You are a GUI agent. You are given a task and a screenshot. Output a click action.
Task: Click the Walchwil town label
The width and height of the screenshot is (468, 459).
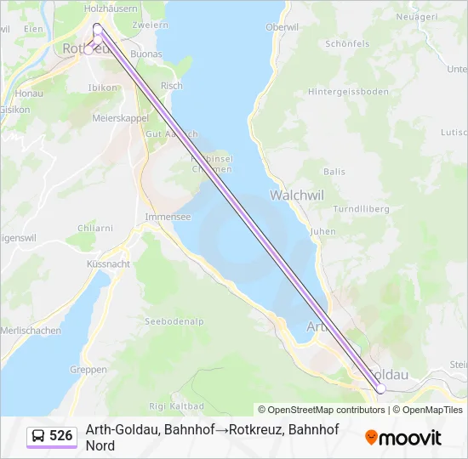(297, 195)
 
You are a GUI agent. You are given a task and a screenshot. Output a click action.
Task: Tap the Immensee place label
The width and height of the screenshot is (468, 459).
(168, 217)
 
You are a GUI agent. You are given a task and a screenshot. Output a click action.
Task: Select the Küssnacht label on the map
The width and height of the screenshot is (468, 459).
(108, 264)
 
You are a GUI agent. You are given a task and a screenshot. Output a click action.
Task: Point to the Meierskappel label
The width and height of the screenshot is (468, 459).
(120, 118)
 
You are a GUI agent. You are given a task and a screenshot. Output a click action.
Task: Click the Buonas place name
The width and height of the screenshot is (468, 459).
(146, 54)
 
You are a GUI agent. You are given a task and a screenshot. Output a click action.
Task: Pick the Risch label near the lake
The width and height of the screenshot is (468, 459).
(171, 86)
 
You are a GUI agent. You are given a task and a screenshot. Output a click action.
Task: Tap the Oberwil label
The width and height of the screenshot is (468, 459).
(283, 27)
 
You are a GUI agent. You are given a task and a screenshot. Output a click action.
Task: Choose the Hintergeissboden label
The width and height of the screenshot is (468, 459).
(348, 92)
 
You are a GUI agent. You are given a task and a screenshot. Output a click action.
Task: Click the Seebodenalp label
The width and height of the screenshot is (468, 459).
(174, 320)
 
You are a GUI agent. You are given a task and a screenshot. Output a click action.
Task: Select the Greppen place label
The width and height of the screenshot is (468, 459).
(88, 370)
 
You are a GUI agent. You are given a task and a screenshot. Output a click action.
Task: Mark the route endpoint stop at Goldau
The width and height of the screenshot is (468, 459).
(381, 388)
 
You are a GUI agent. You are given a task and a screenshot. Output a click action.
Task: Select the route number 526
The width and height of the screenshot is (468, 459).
(61, 436)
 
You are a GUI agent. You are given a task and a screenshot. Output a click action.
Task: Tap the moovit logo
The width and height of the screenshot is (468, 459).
(403, 438)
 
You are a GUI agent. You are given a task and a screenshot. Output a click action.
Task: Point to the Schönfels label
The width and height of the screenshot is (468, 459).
(346, 43)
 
